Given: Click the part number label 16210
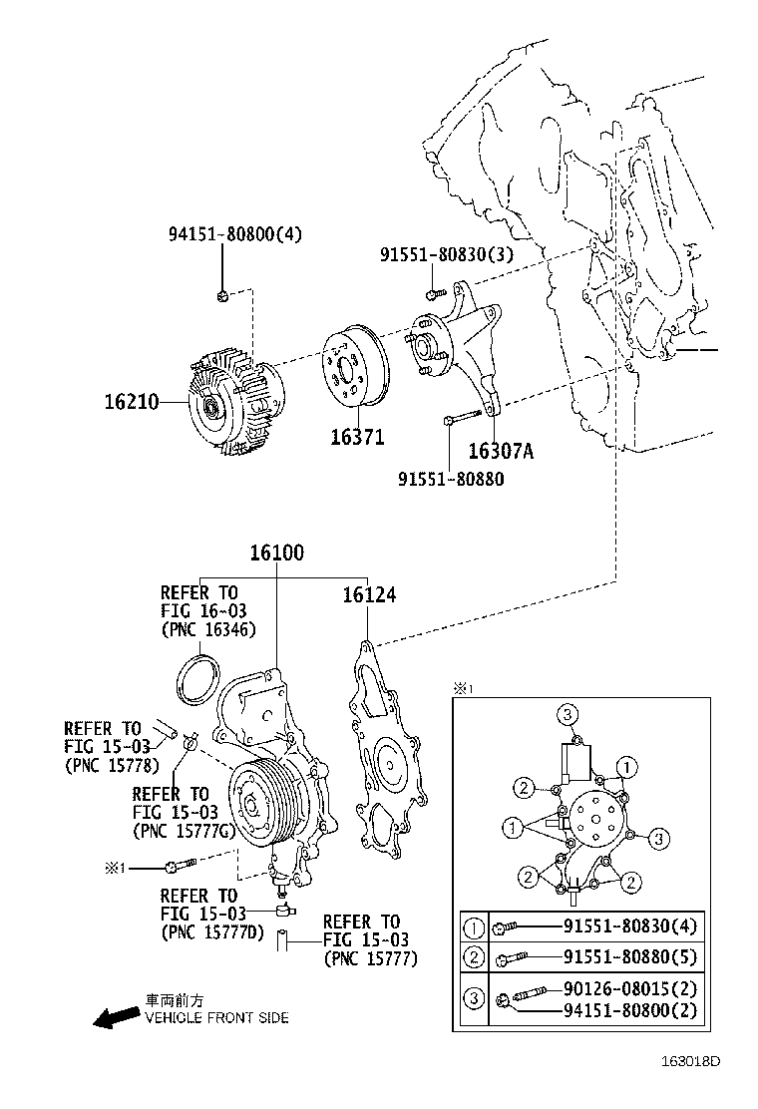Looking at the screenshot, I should [132, 402].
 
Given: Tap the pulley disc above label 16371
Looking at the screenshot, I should [355, 377].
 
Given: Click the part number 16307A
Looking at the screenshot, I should [501, 451].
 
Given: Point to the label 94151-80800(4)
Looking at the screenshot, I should [234, 234].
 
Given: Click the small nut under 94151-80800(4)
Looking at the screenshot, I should [222, 294].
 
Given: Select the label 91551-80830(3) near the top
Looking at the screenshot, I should [446, 254].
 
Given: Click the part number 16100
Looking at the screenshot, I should [277, 553].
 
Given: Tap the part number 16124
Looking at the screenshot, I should [369, 595].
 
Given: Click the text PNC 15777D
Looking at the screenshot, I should [210, 932].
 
